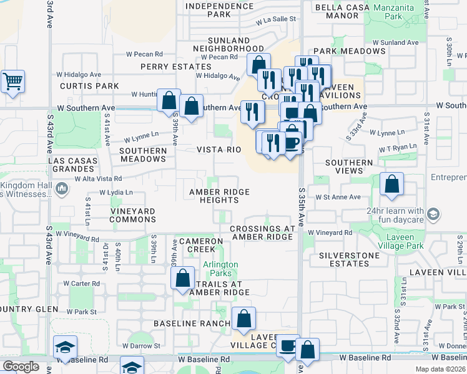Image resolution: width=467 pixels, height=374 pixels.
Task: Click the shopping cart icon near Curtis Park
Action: point(12,82)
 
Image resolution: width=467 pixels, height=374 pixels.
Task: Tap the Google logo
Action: point(21,366)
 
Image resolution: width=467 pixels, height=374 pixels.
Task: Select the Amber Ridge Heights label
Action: point(219,196)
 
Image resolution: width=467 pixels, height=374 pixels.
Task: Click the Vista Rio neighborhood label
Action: point(219,150)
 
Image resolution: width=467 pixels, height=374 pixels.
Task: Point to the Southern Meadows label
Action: point(143,155)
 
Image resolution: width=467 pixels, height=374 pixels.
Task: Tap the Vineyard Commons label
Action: point(132,216)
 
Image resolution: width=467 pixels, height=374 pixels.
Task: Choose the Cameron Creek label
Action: point(200,245)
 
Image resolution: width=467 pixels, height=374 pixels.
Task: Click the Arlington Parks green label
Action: point(220,269)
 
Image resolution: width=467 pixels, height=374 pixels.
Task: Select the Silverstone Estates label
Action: point(349,259)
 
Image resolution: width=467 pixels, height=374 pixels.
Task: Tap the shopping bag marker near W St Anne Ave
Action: point(391,185)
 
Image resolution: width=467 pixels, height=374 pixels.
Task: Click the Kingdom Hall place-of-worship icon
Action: point(62,188)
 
